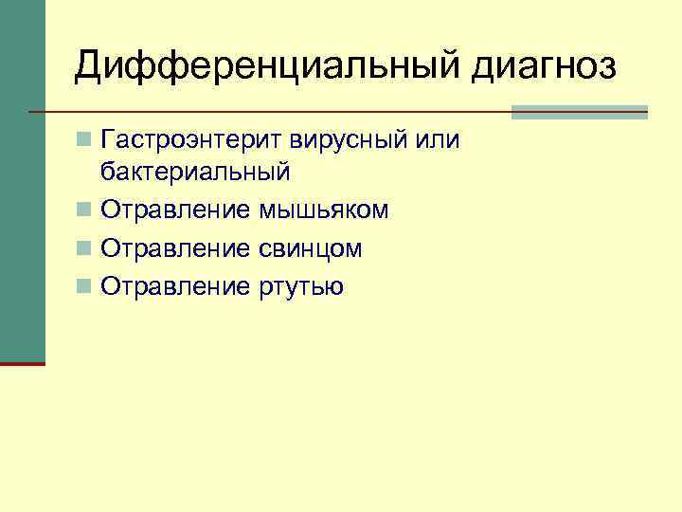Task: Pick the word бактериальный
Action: pos(194,174)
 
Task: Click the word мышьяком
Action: pos(323,210)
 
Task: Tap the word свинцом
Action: pos(310,248)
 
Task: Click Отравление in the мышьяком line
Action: pos(176,210)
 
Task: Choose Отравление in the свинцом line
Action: pos(176,248)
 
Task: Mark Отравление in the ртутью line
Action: pos(176,286)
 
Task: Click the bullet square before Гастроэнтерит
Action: pos(85,141)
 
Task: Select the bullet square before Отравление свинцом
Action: pos(85,248)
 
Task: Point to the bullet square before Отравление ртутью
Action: pos(85,286)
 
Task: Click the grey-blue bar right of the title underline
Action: pos(579,112)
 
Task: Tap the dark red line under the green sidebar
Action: pos(22,363)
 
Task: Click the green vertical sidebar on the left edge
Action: pos(22,180)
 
